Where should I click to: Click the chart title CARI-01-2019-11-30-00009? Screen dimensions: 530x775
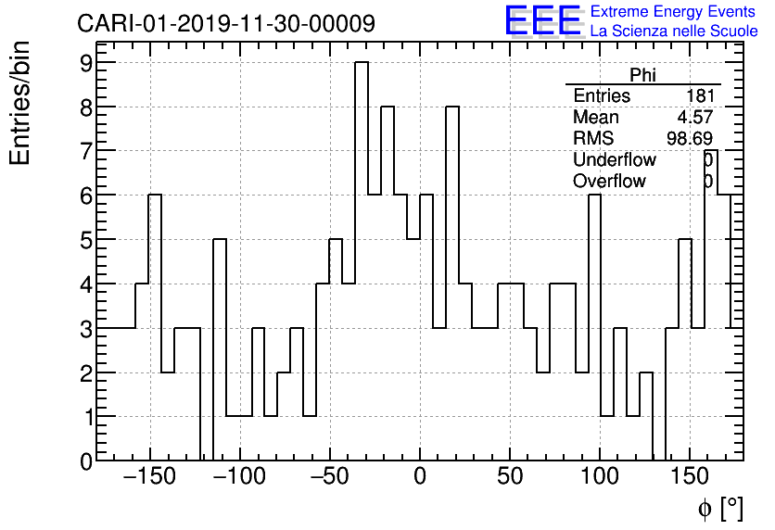point(225,23)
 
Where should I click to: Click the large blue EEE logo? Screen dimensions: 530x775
point(543,20)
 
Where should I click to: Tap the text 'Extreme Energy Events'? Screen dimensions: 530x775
point(673,12)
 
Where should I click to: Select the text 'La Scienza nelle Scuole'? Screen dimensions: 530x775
point(674,32)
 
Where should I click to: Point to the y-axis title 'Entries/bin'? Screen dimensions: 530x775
point(19,103)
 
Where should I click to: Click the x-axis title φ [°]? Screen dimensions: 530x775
point(720,508)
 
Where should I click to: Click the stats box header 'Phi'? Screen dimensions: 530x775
point(642,75)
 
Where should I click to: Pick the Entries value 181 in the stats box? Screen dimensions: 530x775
point(699,96)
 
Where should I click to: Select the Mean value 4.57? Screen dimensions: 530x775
point(695,118)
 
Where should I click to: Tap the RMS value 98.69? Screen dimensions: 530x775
point(690,139)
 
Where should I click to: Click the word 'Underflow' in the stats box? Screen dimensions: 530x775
point(614,160)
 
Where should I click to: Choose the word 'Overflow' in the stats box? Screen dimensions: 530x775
point(609,182)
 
